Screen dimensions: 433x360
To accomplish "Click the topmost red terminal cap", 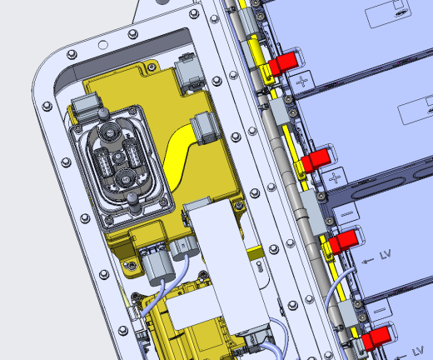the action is [283, 63].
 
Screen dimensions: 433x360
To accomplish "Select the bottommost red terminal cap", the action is [376, 338].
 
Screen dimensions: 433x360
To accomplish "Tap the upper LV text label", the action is [386, 254].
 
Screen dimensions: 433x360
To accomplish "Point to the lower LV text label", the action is [418, 352].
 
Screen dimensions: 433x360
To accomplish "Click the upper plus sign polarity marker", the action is [302, 82].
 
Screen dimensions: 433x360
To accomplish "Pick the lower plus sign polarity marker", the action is [335, 178].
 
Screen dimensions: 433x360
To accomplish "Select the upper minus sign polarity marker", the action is [346, 213].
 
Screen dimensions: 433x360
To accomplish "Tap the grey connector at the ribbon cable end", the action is [206, 128].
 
